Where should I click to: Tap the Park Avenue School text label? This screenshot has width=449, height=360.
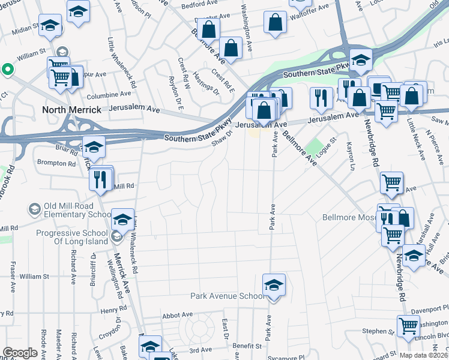227,296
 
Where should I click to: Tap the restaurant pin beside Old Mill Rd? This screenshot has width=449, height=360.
100,179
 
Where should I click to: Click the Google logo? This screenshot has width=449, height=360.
20,352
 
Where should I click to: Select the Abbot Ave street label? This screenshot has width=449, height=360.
177,314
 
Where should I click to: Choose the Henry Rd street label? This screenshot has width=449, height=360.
114,310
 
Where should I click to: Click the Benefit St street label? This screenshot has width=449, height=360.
248,346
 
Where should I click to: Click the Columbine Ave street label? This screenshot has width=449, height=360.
108,94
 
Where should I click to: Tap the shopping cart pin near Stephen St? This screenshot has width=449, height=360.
408,327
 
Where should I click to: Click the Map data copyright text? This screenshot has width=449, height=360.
424,355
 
